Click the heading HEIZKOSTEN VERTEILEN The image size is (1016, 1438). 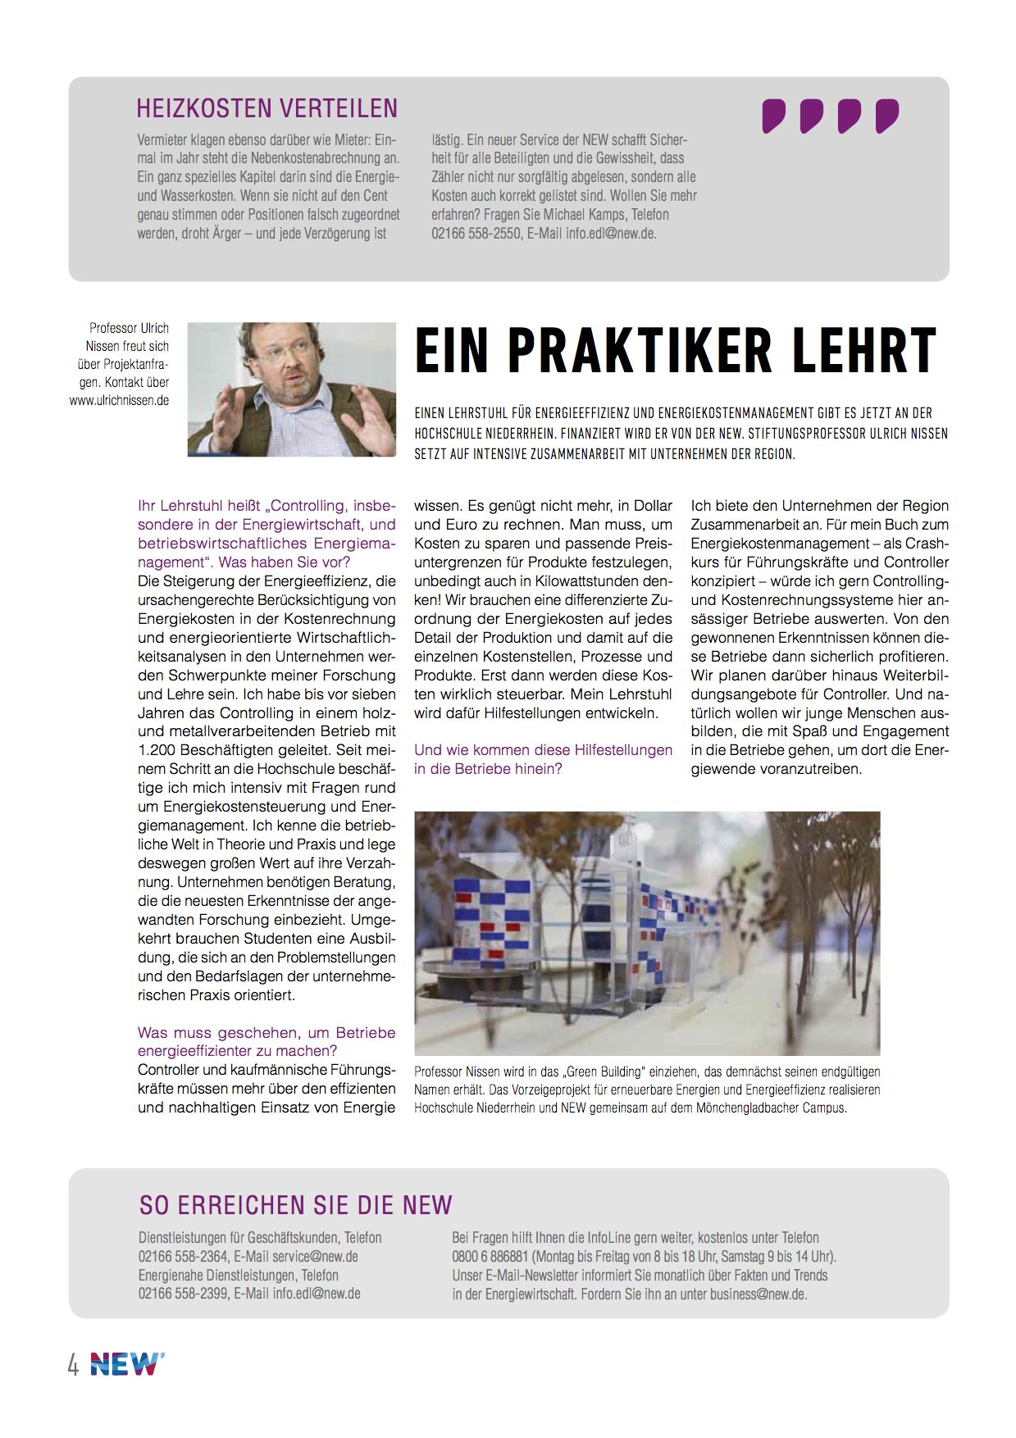click(267, 108)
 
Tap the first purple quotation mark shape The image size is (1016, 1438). click(773, 116)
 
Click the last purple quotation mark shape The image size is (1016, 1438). click(886, 116)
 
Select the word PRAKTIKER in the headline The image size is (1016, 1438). click(640, 350)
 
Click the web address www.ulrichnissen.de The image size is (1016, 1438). click(120, 401)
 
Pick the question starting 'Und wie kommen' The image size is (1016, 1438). click(543, 759)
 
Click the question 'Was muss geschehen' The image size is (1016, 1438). click(267, 1041)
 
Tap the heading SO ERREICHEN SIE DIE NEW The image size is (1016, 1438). click(295, 1204)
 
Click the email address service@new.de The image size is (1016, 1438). click(315, 1256)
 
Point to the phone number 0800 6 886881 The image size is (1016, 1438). click(490, 1256)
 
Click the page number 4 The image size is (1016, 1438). click(74, 1366)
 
